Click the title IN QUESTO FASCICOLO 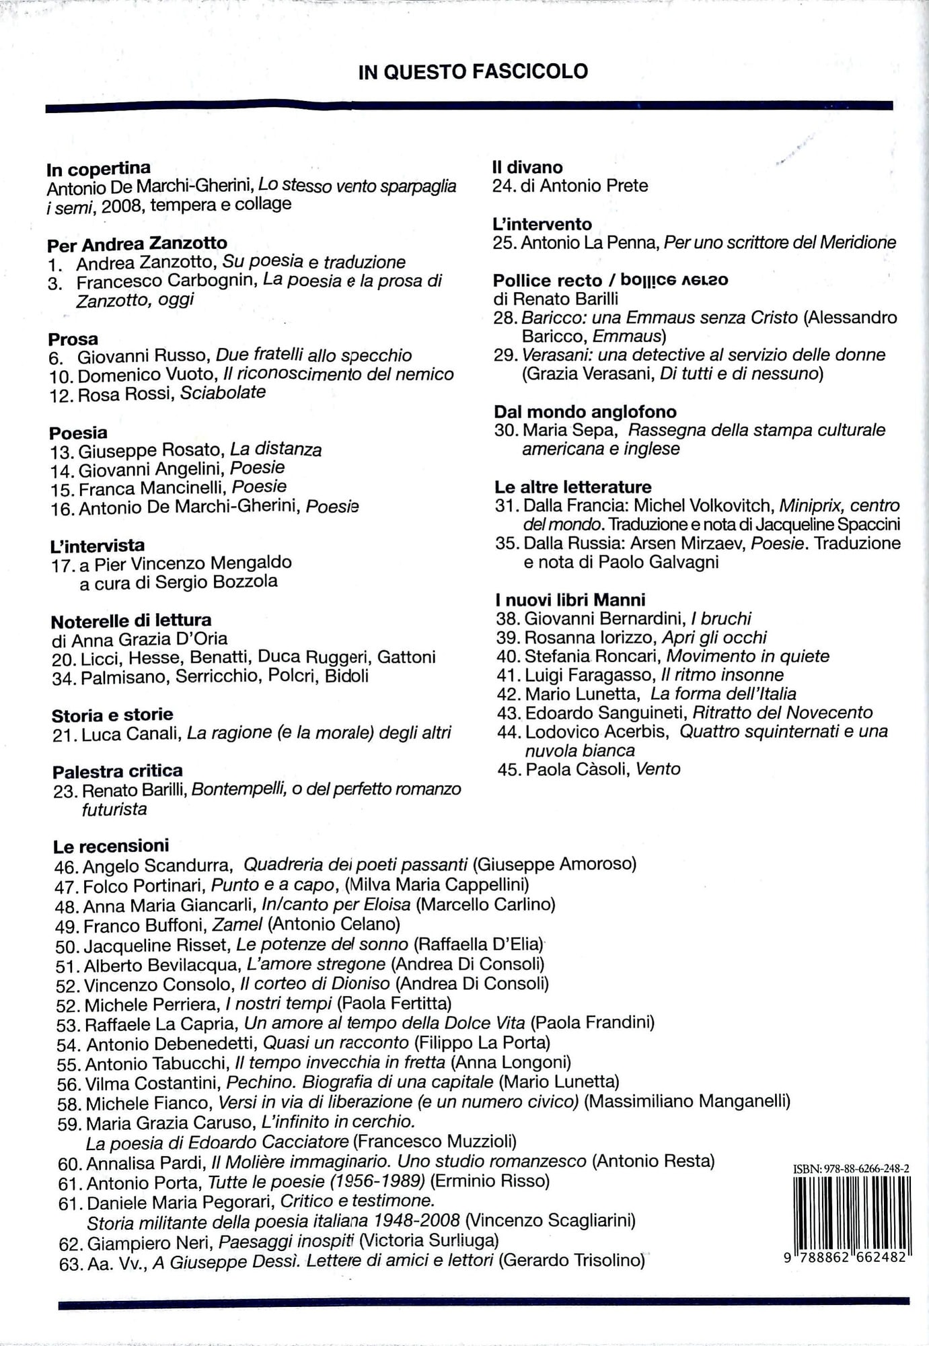pyautogui.click(x=473, y=71)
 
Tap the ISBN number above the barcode pyautogui.click(x=852, y=1170)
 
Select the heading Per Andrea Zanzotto pyautogui.click(x=137, y=244)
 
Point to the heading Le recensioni pyautogui.click(x=111, y=846)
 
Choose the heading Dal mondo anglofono pyautogui.click(x=585, y=412)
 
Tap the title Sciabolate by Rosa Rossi pyautogui.click(x=223, y=392)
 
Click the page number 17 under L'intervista pyautogui.click(x=62, y=565)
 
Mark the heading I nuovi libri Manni pyautogui.click(x=570, y=600)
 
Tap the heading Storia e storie pyautogui.click(x=112, y=715)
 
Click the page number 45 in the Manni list pyautogui.click(x=510, y=769)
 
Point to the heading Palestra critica pyautogui.click(x=118, y=771)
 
